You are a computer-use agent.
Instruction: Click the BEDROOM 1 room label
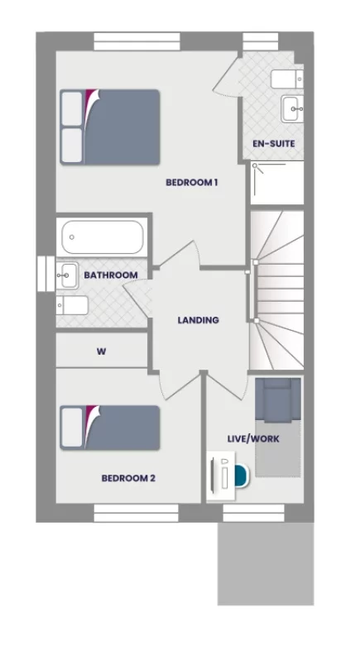[x=191, y=183]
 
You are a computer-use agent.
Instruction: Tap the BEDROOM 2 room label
[x=128, y=478]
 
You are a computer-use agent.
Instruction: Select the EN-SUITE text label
[x=274, y=144]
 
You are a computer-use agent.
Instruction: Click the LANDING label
[x=199, y=320]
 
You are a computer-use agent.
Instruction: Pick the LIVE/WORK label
[x=253, y=438]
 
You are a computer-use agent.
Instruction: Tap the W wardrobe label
[x=102, y=351]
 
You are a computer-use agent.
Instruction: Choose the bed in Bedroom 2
[x=110, y=428]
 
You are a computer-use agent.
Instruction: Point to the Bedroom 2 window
[x=125, y=514]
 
